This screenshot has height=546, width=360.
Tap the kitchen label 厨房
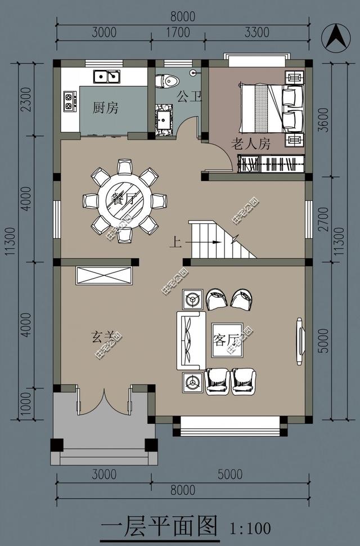click(x=105, y=108)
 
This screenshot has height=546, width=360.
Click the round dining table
click(x=124, y=199)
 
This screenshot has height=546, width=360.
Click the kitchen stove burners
click(x=70, y=100)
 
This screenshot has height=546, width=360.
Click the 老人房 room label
click(x=251, y=144)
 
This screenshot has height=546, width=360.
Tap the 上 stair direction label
click(x=175, y=243)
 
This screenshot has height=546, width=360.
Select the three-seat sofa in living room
click(x=191, y=340)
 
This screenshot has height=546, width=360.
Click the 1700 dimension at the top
click(x=178, y=33)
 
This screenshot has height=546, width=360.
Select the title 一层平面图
click(x=159, y=527)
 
